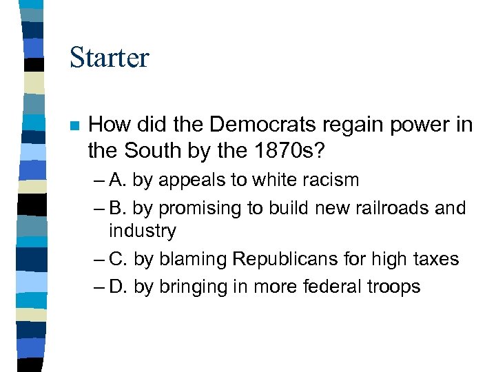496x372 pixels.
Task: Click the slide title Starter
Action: click(x=109, y=57)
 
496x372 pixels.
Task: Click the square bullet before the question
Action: click(x=74, y=126)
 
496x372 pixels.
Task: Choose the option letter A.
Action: click(x=117, y=180)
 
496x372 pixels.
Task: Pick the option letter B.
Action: click(x=117, y=207)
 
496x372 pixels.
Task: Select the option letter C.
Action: click(x=118, y=259)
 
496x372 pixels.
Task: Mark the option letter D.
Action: click(x=118, y=286)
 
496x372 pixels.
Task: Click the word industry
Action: click(x=142, y=231)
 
